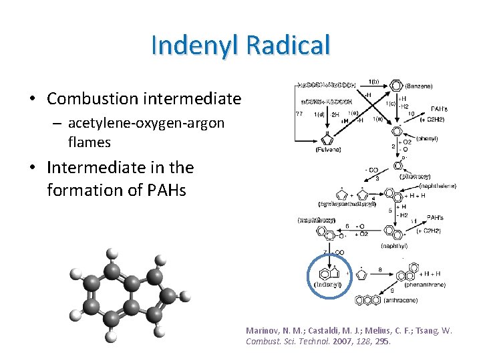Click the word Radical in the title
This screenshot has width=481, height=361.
[288, 45]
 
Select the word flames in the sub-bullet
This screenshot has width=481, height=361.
[90, 142]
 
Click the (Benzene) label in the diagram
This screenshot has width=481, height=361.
[418, 86]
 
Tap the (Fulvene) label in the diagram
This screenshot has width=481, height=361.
[329, 150]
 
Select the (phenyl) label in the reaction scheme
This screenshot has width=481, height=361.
[426, 138]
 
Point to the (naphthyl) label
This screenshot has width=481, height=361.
[394, 246]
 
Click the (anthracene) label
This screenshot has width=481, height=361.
[402, 301]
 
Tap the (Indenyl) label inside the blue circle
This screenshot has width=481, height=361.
[328, 285]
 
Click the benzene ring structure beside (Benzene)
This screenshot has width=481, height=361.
[396, 86]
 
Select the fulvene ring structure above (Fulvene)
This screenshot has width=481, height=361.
[328, 138]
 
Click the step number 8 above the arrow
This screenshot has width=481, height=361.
[380, 269]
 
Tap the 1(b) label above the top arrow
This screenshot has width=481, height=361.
[374, 81]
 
